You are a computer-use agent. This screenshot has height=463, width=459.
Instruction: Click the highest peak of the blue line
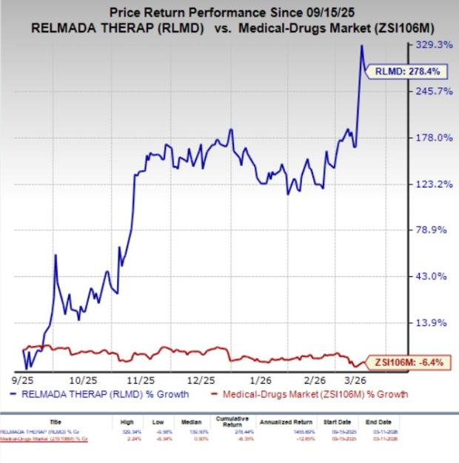(x=361, y=46)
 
